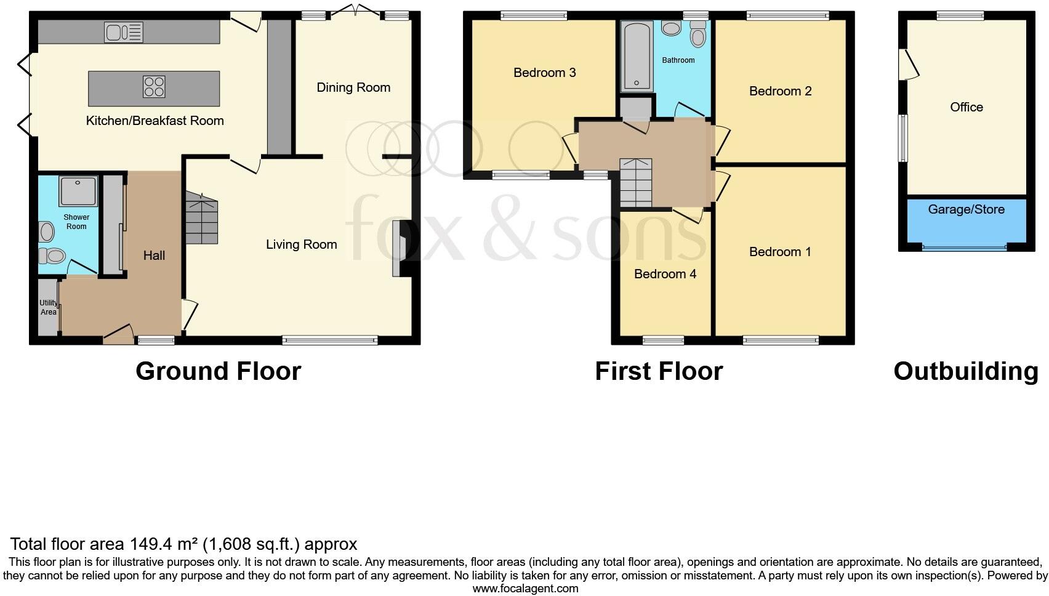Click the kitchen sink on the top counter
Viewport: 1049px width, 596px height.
click(x=123, y=32)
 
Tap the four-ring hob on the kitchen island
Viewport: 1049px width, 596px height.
click(x=154, y=86)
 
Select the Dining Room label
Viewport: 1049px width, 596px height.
click(x=353, y=87)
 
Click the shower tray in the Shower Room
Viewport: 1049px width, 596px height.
click(x=78, y=191)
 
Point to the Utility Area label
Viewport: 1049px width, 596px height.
click(x=48, y=307)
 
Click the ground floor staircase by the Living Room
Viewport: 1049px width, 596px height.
click(x=201, y=219)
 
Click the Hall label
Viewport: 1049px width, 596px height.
click(x=154, y=256)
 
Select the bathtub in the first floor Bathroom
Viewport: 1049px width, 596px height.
click(x=636, y=57)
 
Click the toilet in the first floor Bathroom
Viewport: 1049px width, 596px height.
click(x=697, y=36)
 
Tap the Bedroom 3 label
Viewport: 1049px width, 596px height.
click(x=544, y=73)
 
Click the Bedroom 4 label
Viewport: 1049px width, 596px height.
click(x=665, y=274)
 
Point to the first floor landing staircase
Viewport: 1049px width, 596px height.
click(x=635, y=183)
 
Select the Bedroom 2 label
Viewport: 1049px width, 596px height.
click(x=780, y=91)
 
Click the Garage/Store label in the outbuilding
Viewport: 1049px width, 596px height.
click(x=966, y=209)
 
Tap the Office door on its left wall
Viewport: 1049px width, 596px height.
click(x=908, y=65)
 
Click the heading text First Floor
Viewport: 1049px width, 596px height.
click(x=658, y=371)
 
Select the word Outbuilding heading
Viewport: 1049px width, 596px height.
click(x=965, y=371)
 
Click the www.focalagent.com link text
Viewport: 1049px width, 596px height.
click(x=525, y=589)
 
